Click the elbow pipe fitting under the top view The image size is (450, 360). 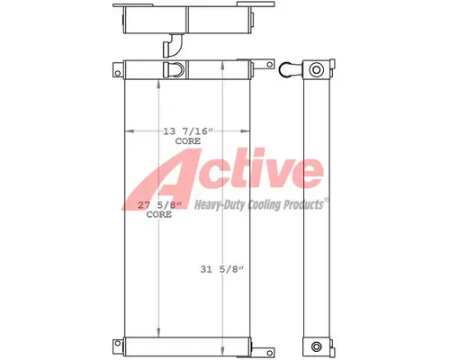(170, 44)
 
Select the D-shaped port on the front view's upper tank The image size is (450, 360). (175, 69)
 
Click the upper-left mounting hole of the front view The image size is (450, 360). (118, 69)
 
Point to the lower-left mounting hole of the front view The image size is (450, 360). (118, 344)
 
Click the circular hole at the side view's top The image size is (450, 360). (314, 69)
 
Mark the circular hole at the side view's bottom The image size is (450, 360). (314, 346)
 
